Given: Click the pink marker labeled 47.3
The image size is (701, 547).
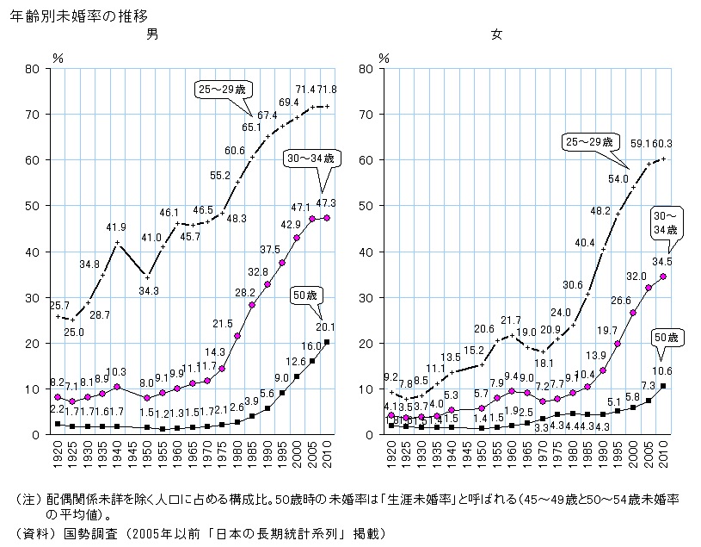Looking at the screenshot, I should (x=326, y=217).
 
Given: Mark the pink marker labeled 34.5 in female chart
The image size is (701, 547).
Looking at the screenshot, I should (x=662, y=277).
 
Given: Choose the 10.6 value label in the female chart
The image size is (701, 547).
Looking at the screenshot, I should (x=662, y=372).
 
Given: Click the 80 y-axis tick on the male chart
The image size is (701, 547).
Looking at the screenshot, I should (x=35, y=68).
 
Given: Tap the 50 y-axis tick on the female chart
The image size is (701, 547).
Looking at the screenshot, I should (x=366, y=206).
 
